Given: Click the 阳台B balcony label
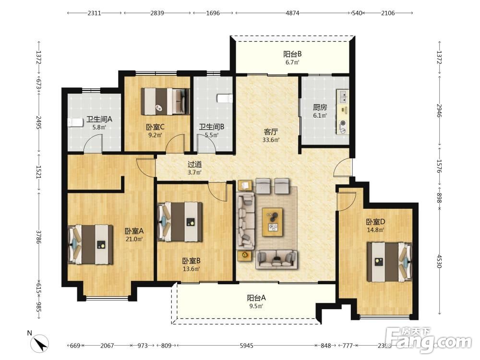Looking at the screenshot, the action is coord(292,54).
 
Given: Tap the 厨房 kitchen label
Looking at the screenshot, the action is coord(320,107).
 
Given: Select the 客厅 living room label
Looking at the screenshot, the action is coord(271,132).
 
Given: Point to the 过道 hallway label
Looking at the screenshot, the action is coord(195,164).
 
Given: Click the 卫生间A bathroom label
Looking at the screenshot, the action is coord(99,119).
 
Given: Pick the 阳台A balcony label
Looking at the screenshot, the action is coord(256,298).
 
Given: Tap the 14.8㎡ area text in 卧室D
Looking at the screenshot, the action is coord(375,230).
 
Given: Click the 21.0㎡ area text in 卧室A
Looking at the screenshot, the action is coord(134,239).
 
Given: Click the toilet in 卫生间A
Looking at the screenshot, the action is coord(75,123).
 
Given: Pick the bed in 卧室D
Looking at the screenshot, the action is coord(390,262).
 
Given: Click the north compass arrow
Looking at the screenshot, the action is coord(40,343).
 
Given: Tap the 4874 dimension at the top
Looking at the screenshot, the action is coord(292,13).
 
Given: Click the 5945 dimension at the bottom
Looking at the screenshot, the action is coord(246,346).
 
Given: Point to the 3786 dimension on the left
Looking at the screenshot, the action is coord(38,237).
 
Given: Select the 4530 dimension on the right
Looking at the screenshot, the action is coord(439,261).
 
